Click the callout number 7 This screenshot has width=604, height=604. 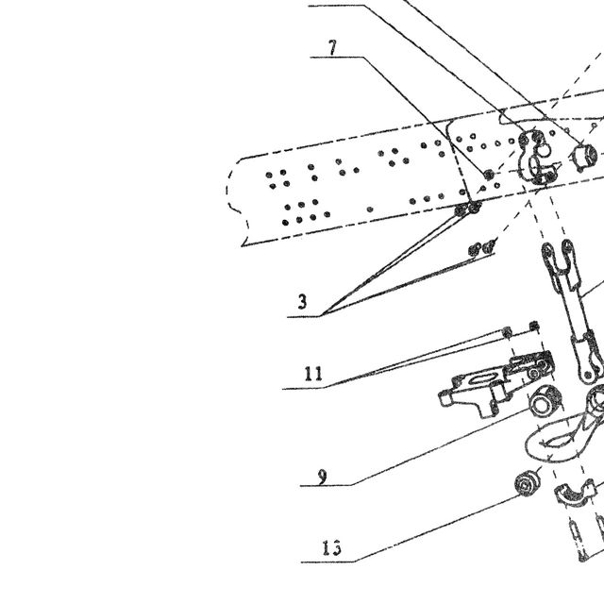pos(333,48)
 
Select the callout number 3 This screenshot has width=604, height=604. pos(303,301)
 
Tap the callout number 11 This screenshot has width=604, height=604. pos(313,374)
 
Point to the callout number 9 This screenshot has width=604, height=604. pos(323,478)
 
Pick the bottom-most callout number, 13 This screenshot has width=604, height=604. pos(331,547)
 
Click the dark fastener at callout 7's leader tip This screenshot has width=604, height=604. pos(489,175)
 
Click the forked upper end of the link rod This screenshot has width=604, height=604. pos(558,259)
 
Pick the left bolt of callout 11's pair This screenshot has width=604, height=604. pos(508,331)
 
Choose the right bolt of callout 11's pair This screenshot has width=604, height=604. pos(534,326)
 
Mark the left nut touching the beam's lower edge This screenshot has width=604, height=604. pos(461,210)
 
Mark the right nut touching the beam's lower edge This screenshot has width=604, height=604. pos(474,208)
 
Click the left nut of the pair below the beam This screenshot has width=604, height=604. pos(475,249)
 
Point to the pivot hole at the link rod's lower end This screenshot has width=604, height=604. pos(588,374)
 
